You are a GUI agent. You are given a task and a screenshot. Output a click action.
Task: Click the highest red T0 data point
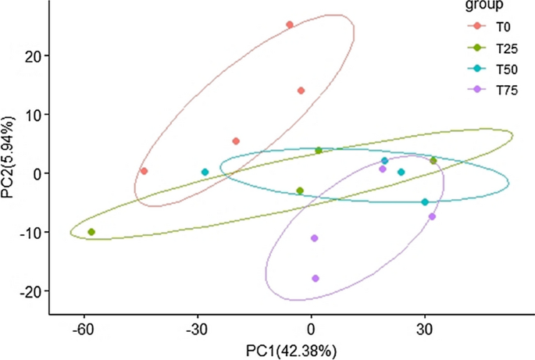coord(290,25)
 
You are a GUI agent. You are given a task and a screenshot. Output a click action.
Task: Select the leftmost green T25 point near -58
coord(91,232)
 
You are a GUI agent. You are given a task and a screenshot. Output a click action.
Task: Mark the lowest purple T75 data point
coord(316,278)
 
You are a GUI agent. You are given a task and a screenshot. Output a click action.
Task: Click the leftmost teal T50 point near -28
coord(205,172)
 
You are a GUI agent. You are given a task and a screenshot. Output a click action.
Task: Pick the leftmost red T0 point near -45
coord(144,171)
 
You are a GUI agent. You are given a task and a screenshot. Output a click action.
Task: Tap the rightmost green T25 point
coord(433,161)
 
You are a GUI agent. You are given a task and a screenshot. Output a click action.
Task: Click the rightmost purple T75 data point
coord(432,216)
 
